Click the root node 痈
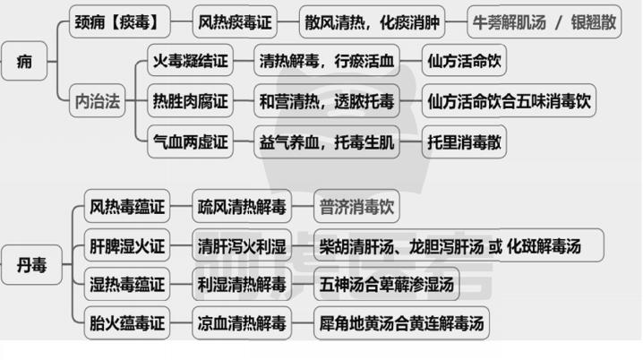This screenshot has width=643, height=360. coord(24,61)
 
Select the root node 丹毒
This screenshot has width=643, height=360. coord(31,265)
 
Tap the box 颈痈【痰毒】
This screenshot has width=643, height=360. coord(119,21)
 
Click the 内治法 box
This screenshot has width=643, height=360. coord(98,100)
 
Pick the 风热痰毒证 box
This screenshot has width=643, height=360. coord(235,21)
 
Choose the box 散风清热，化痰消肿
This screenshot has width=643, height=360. coord(372,21)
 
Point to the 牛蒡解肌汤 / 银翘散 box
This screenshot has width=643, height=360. coord(544,21)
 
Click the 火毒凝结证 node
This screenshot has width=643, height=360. coord(190,61)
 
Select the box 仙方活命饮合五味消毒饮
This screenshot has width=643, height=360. coord(509,101)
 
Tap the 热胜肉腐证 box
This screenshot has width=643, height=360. coord(190,101)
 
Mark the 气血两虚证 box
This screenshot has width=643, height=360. coord(190,141)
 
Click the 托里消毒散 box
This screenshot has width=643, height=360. coord(464,141)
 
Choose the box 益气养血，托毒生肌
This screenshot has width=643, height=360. coord(327,141)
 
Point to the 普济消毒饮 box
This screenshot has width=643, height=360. coord(356,206)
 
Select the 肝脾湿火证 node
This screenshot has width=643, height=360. coord(127,245)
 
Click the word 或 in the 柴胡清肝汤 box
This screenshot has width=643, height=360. coord(495,246)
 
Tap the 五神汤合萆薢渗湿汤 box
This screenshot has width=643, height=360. coord(387,284)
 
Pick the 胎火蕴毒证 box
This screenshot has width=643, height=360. coord(127,322)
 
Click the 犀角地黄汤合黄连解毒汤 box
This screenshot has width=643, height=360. coord(401,322)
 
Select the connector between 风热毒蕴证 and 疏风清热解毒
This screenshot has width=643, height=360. coord(181,206)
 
